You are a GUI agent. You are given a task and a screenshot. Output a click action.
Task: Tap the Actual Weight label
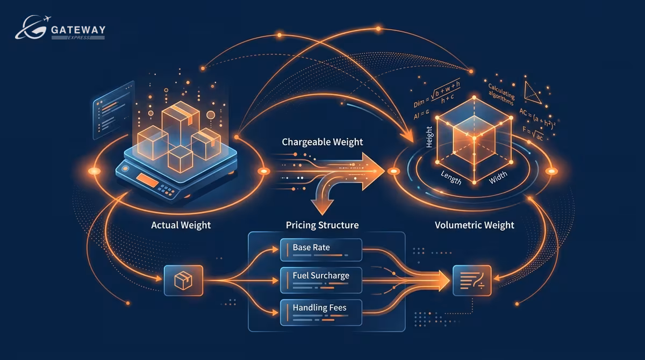tap(181, 225)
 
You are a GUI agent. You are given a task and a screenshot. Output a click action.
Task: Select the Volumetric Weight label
tap(474, 225)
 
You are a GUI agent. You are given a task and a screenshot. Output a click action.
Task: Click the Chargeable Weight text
tap(322, 142)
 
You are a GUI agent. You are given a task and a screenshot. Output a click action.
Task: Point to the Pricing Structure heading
tap(322, 225)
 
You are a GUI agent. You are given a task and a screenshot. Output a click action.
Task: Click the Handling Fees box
tap(321, 308)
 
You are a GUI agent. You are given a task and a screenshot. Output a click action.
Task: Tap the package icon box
tap(183, 279)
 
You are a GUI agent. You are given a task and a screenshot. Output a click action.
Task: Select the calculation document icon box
tap(471, 280)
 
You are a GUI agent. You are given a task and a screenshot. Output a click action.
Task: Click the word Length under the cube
tap(450, 177)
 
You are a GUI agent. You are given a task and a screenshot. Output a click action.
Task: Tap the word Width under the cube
tap(498, 177)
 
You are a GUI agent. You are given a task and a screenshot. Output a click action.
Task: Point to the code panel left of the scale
tap(114, 110)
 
